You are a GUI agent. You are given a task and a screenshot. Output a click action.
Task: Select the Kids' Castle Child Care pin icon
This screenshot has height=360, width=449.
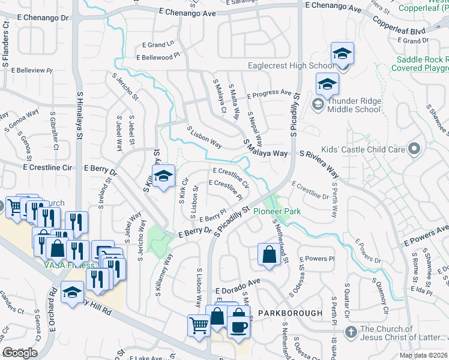413,148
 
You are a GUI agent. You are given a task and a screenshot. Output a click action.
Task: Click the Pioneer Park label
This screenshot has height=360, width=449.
277,211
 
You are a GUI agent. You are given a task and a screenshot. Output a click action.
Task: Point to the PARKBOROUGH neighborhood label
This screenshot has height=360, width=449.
291,313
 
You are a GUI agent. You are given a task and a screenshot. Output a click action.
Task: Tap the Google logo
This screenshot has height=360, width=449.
20,352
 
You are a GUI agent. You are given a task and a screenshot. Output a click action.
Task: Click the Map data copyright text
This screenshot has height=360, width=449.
423,355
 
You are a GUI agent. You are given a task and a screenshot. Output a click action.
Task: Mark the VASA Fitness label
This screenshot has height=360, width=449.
68,265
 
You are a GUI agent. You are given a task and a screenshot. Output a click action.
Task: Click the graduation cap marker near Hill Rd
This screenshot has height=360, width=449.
73,293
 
